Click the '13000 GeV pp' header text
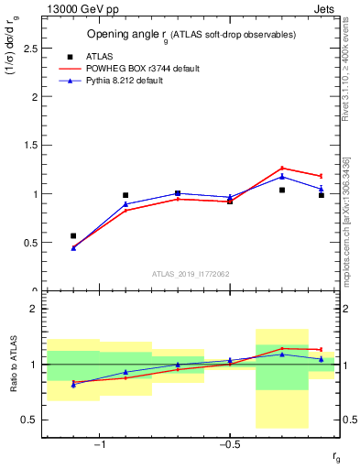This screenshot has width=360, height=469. (x=81, y=10)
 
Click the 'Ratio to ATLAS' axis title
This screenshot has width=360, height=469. (x=14, y=365)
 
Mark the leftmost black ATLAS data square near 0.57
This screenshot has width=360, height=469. (x=73, y=235)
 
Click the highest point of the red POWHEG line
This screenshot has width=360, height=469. (x=282, y=168)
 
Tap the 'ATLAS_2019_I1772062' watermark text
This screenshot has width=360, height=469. (x=191, y=274)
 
